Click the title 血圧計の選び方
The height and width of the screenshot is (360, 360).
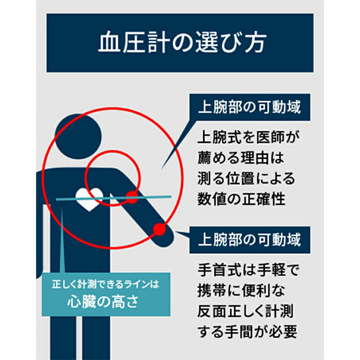click(x=180, y=43)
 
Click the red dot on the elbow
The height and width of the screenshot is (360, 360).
click(x=132, y=197)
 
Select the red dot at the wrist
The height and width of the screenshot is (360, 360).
click(x=159, y=229)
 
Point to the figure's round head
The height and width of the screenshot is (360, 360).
click(x=78, y=136)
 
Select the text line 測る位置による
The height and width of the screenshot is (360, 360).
click(x=246, y=179)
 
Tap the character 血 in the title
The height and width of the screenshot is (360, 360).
click(x=109, y=43)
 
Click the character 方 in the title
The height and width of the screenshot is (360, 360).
click(x=254, y=43)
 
